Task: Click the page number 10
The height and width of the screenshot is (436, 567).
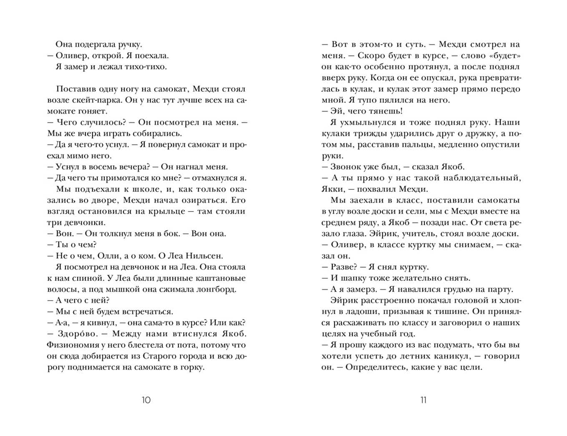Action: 146,400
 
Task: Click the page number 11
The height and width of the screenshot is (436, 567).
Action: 423,400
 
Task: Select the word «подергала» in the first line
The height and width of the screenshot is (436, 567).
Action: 95,45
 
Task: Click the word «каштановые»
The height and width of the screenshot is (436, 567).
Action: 219,278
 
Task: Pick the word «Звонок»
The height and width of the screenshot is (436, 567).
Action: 347,167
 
